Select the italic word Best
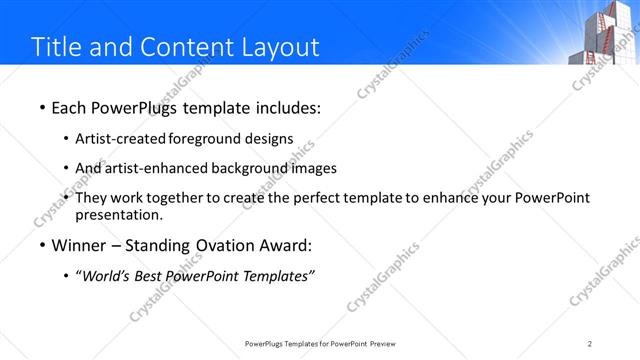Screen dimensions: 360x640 coord(154,276)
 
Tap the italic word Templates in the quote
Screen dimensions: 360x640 coord(278,276)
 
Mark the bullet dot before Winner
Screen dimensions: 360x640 coord(41,246)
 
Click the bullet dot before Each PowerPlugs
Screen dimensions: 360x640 coord(41,107)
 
